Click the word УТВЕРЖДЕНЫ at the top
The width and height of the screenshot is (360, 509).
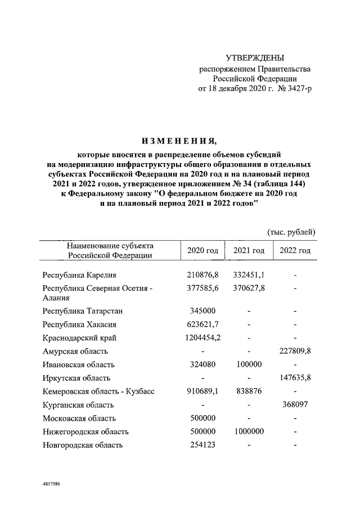(x=254, y=58)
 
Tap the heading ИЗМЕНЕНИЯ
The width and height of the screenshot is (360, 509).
(x=180, y=140)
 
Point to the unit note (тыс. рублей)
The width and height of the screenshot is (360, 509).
(x=291, y=232)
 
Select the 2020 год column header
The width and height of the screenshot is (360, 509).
(x=202, y=250)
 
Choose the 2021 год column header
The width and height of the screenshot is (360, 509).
(x=249, y=250)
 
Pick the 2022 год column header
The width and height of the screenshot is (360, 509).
(x=295, y=250)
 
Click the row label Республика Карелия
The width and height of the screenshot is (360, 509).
(x=79, y=275)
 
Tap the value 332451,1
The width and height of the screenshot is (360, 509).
(x=249, y=275)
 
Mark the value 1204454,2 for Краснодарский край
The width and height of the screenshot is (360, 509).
(x=202, y=338)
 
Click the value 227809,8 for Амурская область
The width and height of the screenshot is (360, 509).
(x=295, y=352)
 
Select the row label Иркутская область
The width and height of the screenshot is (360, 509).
(x=76, y=379)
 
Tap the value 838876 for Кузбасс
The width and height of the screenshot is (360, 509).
(x=249, y=392)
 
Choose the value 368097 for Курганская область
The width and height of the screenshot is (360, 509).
(x=295, y=405)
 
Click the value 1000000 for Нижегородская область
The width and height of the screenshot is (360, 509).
(x=249, y=432)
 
